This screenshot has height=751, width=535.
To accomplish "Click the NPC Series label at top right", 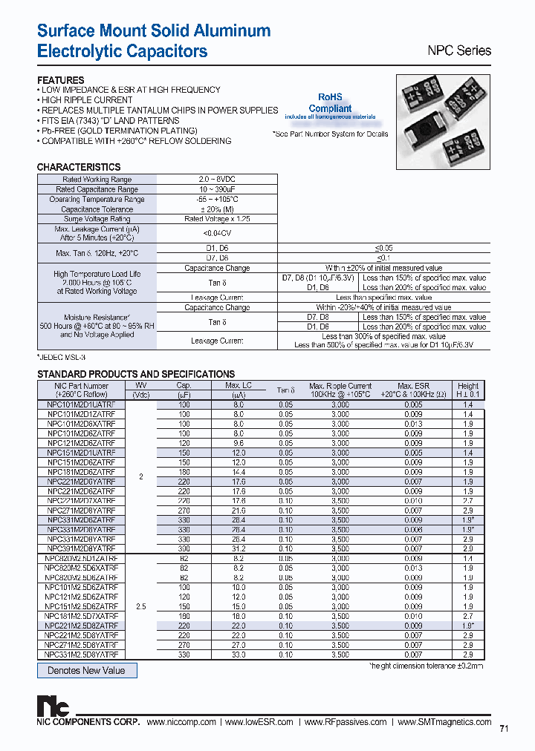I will click(458, 51).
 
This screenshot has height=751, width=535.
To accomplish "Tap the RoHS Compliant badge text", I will click(330, 103).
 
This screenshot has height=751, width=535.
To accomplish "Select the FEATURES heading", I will click(61, 80).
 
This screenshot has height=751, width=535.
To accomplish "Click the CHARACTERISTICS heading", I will click(79, 167).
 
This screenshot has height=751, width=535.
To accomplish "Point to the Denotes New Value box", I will click(87, 670).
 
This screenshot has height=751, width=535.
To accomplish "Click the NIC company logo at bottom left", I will click(50, 706).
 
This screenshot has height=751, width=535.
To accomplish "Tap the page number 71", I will click(504, 729).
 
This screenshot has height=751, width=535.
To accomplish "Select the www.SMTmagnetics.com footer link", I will click(444, 722).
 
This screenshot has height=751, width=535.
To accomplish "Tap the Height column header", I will click(468, 390).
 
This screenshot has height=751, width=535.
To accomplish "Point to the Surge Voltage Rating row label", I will click(97, 219).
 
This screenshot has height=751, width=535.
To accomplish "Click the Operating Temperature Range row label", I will click(97, 200).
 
